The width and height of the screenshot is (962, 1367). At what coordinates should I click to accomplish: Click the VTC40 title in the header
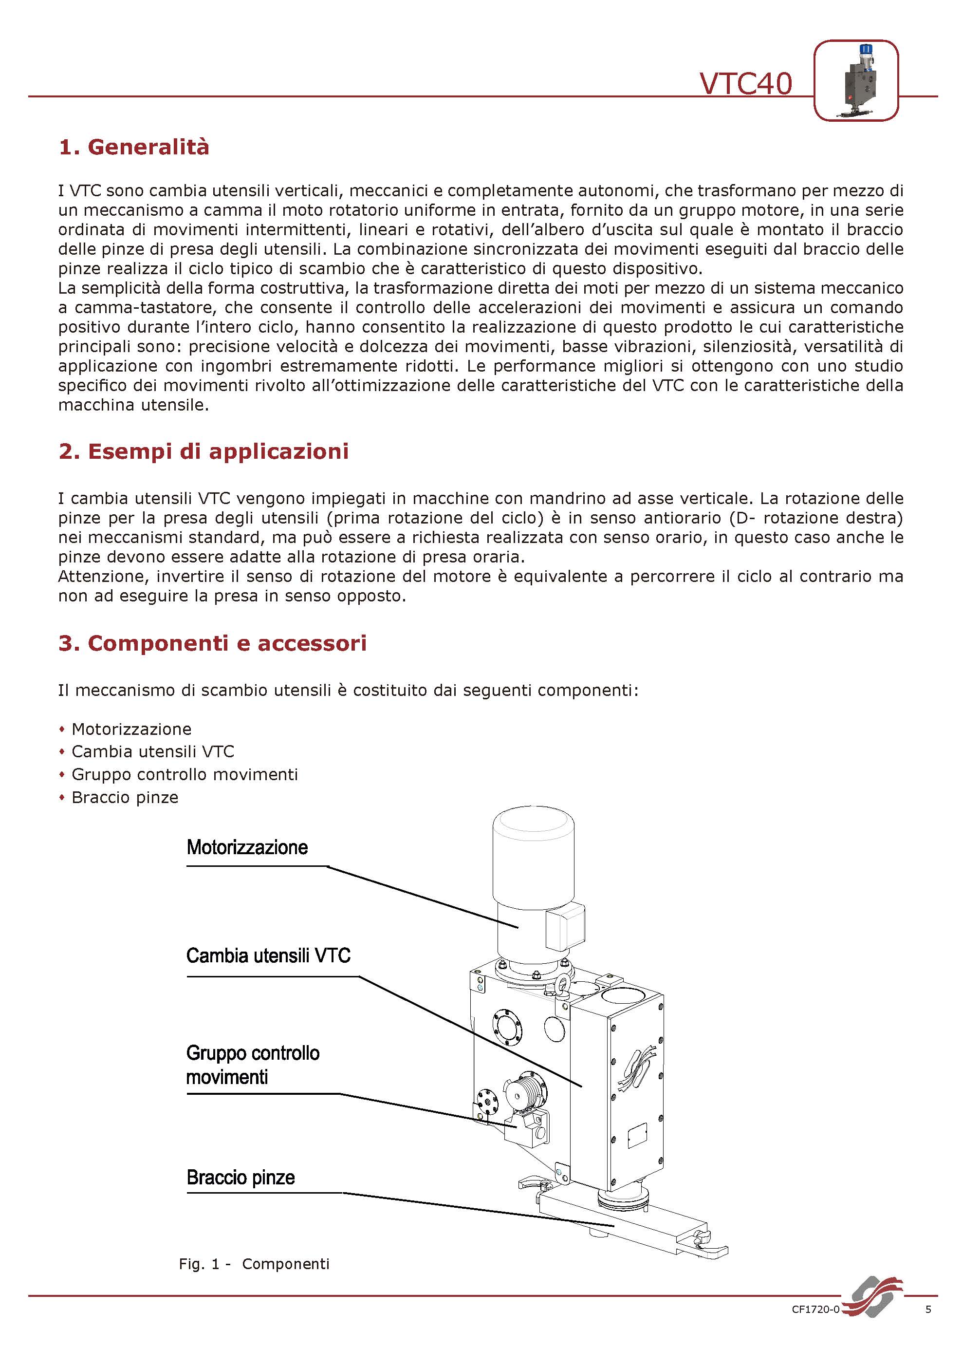coord(746,83)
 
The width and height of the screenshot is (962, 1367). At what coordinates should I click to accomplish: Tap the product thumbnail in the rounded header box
coord(855,80)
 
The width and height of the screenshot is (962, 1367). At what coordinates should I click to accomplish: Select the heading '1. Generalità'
coord(134,147)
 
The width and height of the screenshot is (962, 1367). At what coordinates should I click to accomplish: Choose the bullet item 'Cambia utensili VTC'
coord(153,751)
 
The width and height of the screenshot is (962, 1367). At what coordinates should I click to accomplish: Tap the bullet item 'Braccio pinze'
coord(125,797)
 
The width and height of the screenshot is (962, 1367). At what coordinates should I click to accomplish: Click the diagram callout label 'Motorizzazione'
coord(247,847)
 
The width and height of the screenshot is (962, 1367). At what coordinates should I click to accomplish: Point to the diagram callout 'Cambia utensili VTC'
coord(268,955)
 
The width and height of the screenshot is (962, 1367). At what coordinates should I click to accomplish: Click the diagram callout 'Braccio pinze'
coord(241,1177)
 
